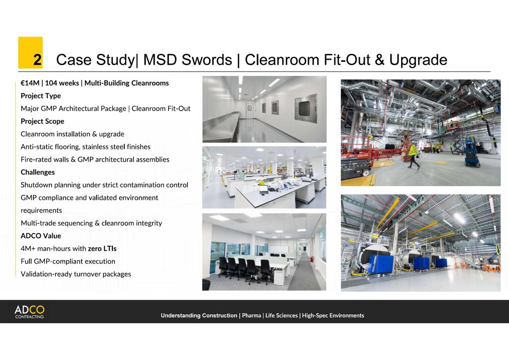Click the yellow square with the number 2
click(x=30, y=53)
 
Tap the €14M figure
click(x=30, y=83)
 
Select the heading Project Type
click(x=41, y=96)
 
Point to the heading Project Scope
click(x=42, y=121)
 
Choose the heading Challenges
click(x=38, y=172)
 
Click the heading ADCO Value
click(x=41, y=236)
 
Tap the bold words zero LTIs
click(x=102, y=249)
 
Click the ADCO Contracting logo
click(x=29, y=312)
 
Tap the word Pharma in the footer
click(x=251, y=316)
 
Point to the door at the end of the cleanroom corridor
click(x=249, y=111)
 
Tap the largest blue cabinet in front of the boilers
click(x=381, y=264)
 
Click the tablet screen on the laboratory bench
click(x=263, y=188)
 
